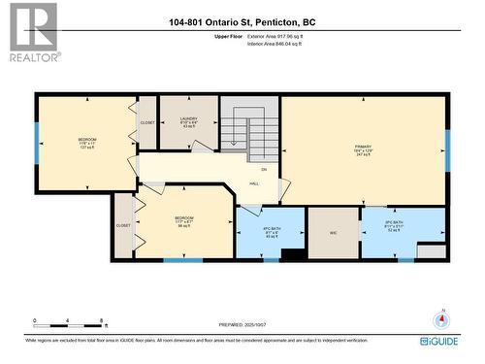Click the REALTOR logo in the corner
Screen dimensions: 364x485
pos(33,31)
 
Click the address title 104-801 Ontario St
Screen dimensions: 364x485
pos(242,22)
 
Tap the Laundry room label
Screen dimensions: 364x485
pos(188,123)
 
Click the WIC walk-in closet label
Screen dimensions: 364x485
pos(333,232)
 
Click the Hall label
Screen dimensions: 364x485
pos(254,182)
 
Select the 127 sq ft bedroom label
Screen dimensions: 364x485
pos(87,144)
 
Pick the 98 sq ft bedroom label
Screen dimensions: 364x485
pos(183,221)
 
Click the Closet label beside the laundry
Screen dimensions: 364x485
pos(147,123)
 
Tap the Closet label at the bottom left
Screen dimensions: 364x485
pos(123,225)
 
